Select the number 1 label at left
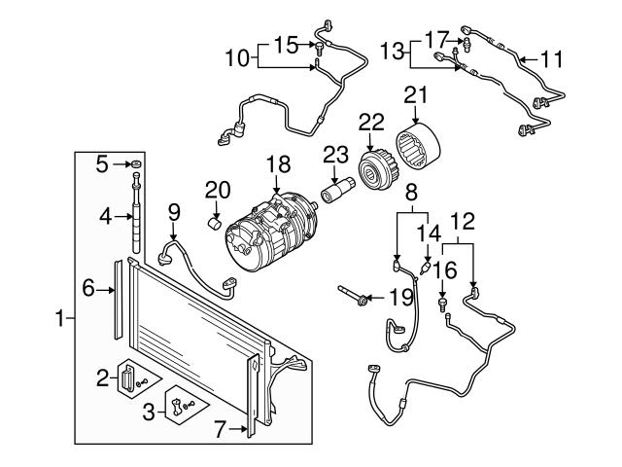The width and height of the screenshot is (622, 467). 60,317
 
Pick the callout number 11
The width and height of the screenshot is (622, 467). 552,59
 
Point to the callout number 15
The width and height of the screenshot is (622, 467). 286,44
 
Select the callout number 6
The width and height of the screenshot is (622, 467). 88,287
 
